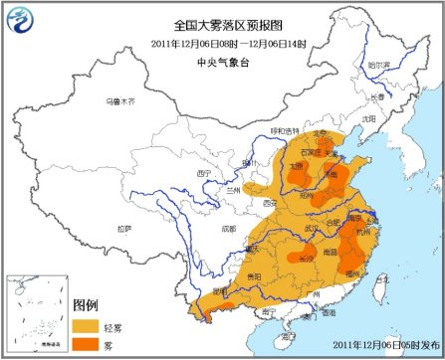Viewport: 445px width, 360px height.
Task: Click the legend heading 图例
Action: tap(87, 303)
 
